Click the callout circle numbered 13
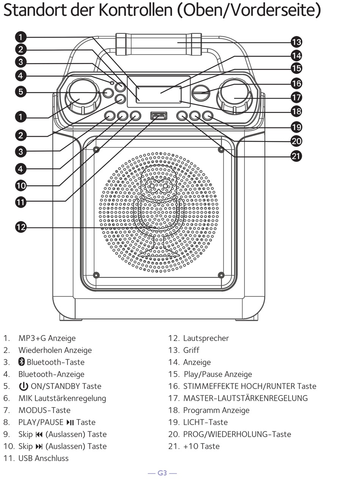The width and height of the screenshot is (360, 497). point(296,42)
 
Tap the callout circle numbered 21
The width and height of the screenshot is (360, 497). point(296,156)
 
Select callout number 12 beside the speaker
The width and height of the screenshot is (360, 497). point(21,227)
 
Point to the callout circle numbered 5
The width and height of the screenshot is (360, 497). point(21,91)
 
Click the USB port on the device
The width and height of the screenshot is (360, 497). point(159,116)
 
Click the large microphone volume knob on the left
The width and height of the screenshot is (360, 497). point(83,97)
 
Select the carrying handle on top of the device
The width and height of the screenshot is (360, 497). point(159,44)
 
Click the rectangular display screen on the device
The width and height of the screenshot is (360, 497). point(159,94)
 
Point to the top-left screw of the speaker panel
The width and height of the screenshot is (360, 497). point(96,150)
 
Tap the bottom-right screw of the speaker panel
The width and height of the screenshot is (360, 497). point(221,275)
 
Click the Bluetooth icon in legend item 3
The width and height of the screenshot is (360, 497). point(22,362)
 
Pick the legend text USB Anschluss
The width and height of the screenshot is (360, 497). point(44,458)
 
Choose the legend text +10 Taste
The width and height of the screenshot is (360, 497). point(201,446)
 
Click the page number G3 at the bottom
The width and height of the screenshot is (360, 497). point(162,473)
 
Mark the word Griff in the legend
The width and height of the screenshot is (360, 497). point(191,350)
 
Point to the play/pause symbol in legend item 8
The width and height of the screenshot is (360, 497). point(70,422)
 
